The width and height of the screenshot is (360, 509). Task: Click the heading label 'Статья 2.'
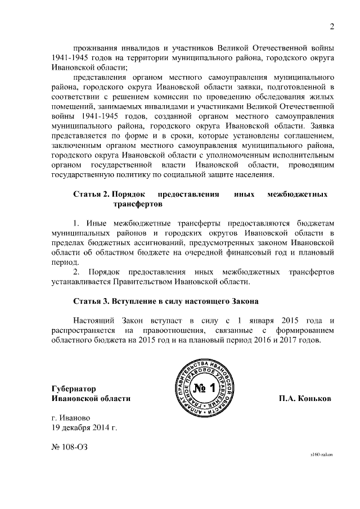tap(91, 195)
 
